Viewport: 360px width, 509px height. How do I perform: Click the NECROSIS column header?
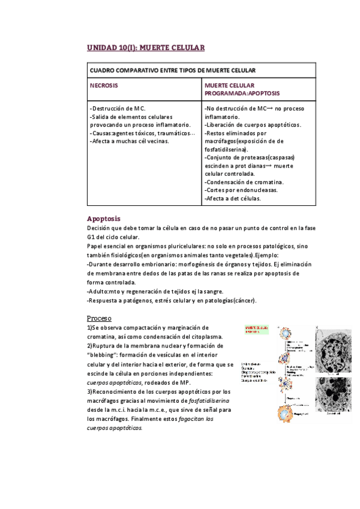pyautogui.click(x=104, y=86)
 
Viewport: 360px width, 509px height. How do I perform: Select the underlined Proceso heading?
pyautogui.click(x=100, y=318)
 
